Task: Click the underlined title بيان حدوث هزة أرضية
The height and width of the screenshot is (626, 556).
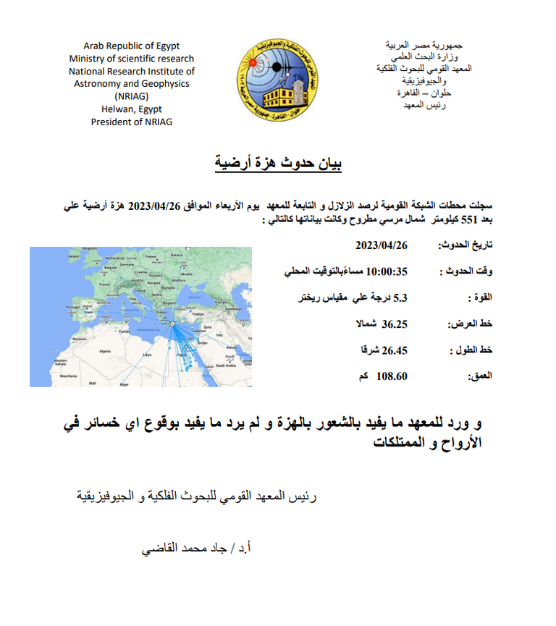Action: click(278, 164)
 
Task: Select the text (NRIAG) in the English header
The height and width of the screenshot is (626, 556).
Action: click(132, 96)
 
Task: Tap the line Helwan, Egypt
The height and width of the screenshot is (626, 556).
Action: click(132, 109)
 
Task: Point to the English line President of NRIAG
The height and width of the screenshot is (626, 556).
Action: click(132, 122)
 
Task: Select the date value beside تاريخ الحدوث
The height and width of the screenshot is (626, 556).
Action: click(382, 245)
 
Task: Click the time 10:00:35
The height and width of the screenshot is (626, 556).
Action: click(388, 271)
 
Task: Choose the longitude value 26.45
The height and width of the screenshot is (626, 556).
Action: click(395, 350)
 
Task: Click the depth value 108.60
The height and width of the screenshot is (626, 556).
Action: click(392, 376)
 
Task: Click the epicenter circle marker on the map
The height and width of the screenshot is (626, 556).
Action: click(172, 323)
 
